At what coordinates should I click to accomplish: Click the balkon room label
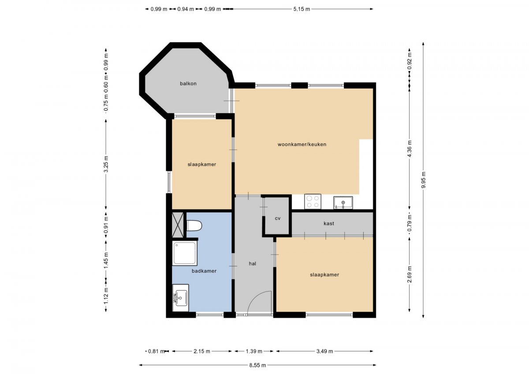[x=188, y=83]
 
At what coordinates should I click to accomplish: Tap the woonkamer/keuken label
[x=302, y=144]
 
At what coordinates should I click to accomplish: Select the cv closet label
[x=278, y=218]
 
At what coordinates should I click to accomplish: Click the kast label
[x=329, y=223]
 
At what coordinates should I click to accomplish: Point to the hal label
[x=252, y=263]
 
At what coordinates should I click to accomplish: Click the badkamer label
[x=204, y=271]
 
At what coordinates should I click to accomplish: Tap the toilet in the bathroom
[x=194, y=226]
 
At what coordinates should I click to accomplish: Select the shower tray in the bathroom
[x=185, y=253]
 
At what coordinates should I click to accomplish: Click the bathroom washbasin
[x=181, y=298]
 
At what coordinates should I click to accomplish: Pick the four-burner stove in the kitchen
[x=313, y=202]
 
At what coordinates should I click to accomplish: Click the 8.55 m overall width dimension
[x=257, y=365]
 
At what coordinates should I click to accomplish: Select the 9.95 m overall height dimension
[x=423, y=180]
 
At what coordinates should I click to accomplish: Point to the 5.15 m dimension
[x=302, y=9]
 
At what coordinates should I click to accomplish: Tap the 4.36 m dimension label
[x=410, y=149]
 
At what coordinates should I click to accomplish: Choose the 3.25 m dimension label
[x=106, y=164]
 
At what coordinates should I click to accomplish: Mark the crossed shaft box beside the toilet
[x=178, y=225]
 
